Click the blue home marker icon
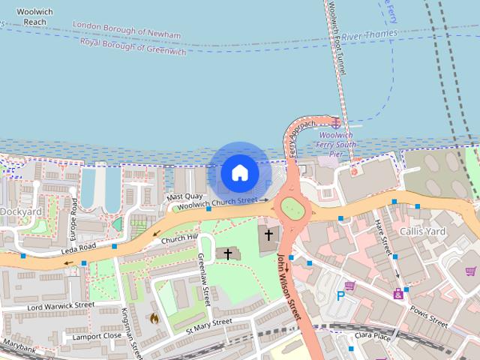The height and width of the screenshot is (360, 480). coord(239,172)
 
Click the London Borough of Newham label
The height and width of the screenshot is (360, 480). coord(127,30)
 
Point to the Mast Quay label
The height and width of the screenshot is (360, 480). coord(184,196)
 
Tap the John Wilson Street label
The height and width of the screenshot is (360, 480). coord(289,286)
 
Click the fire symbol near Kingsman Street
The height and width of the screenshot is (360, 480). coord(154,318)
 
